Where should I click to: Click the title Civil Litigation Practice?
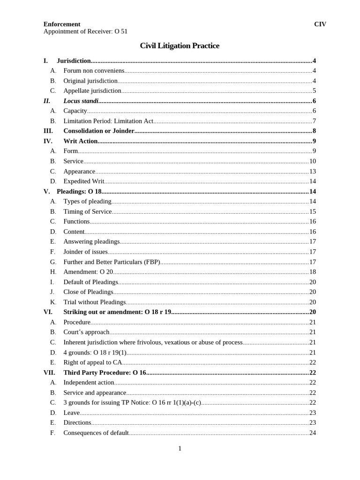(x=180, y=46)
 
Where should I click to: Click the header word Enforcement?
(x=62, y=24)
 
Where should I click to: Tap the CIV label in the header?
(x=320, y=24)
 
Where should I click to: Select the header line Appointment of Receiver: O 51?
(x=85, y=31)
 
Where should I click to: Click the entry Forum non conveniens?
(x=94, y=71)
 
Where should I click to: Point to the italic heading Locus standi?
(x=81, y=101)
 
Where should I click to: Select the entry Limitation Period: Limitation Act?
(x=108, y=121)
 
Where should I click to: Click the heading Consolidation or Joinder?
(x=99, y=131)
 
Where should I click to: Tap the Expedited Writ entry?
(x=84, y=181)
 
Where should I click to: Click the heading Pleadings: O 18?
(x=79, y=191)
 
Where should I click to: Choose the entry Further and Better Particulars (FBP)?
(x=112, y=262)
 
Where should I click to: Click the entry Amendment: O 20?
(x=88, y=272)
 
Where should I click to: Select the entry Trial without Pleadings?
(x=95, y=302)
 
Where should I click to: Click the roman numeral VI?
(x=48, y=312)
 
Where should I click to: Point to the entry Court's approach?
(x=86, y=332)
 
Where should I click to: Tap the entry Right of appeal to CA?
(x=93, y=362)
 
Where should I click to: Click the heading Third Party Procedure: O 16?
(x=105, y=373)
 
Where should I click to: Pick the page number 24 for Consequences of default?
(x=312, y=433)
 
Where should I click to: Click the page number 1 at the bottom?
(x=180, y=449)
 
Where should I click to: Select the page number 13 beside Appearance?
(x=312, y=172)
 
